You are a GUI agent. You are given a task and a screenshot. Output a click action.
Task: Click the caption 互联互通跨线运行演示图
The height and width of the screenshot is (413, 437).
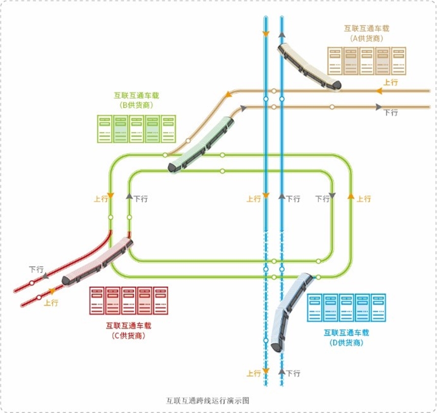[208, 400]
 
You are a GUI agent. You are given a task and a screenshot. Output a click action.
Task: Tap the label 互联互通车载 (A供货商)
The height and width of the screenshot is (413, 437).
[367, 33]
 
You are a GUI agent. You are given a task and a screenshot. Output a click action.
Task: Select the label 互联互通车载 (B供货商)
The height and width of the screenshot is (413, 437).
[136, 100]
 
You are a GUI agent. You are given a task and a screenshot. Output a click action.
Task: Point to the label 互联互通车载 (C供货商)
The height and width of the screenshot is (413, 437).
[128, 330]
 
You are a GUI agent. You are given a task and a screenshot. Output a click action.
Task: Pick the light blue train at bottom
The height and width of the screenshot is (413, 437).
[291, 312]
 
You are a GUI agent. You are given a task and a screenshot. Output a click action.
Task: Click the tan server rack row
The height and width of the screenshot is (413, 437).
[367, 61]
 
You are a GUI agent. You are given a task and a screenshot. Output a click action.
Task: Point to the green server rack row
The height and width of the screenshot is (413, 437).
[137, 129]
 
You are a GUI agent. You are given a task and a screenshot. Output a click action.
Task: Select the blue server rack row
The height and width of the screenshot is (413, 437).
[347, 308]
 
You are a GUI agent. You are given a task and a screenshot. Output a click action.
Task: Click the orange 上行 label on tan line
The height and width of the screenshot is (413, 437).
[391, 83]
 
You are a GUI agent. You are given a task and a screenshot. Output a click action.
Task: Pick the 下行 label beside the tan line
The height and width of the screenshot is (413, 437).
[391, 113]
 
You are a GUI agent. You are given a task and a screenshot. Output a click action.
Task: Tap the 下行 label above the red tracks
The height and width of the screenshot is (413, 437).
[36, 269]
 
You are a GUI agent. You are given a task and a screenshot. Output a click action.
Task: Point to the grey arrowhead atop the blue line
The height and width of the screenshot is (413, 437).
[282, 34]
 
